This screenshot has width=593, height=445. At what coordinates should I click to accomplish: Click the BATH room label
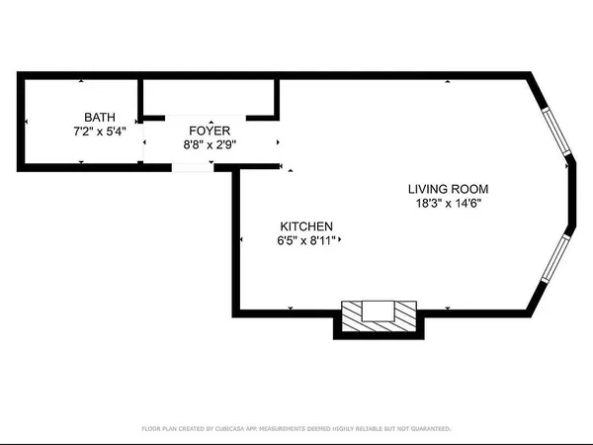tap(99, 117)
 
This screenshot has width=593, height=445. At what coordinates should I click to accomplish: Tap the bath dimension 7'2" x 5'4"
tap(99, 131)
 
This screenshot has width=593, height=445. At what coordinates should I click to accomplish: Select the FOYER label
tap(210, 131)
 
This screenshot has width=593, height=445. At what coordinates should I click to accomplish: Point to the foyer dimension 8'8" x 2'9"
tap(210, 144)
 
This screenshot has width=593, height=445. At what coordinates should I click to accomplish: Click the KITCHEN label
tap(305, 225)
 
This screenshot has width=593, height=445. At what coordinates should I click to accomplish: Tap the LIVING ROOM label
tap(449, 189)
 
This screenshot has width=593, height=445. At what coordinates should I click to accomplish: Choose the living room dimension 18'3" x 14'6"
tap(449, 203)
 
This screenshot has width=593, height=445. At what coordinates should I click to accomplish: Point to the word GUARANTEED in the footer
tap(427, 429)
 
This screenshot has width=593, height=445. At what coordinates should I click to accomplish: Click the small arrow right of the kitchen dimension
tap(341, 239)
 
